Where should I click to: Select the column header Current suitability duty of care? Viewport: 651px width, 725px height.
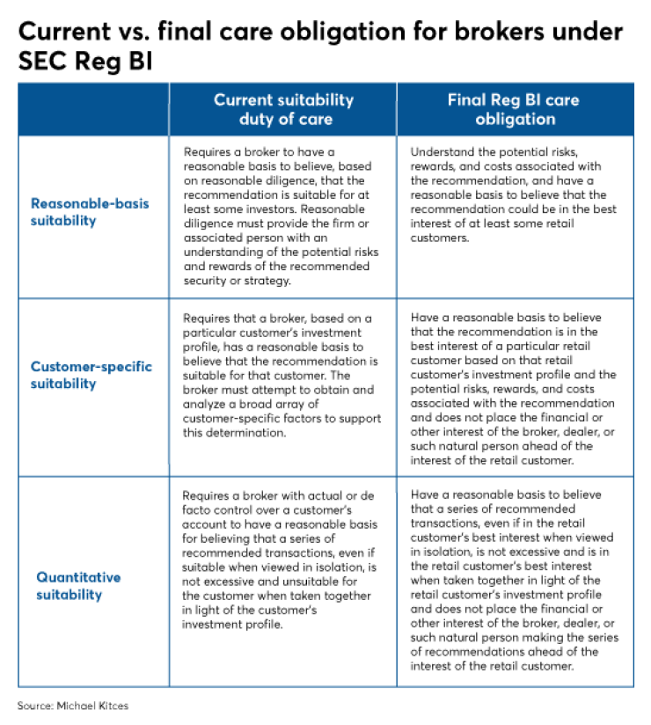click(x=283, y=109)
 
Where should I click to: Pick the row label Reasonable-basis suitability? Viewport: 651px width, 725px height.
click(x=90, y=212)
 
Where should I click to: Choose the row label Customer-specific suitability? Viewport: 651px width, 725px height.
click(x=91, y=376)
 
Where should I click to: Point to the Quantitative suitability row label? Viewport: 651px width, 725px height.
click(x=78, y=586)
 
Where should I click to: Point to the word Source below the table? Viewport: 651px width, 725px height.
click(x=36, y=707)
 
